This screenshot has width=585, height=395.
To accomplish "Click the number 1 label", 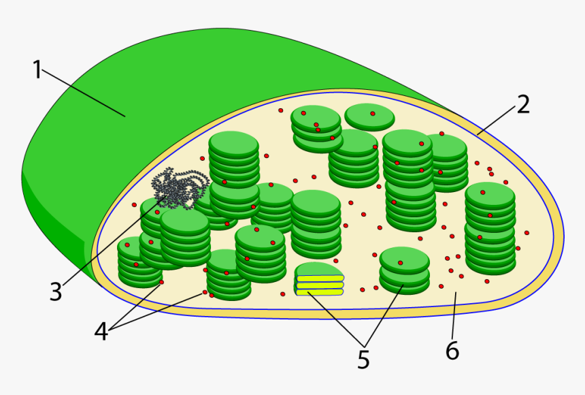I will coord(37,70).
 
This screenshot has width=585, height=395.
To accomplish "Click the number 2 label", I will coord(522,104).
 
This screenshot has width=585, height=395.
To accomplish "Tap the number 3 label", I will coord(56,292).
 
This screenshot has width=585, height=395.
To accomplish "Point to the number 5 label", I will coord(364,359).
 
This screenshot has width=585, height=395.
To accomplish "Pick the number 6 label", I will coord(452,351).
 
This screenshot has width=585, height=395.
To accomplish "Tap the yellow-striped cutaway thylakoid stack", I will coord(319,280).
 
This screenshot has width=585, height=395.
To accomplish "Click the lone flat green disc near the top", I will coord(369,116).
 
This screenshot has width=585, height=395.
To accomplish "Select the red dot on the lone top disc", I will coord(373,114).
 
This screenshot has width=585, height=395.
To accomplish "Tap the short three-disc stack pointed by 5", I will coord(404,271).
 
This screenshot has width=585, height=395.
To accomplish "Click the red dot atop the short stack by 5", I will coord(401,263).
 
